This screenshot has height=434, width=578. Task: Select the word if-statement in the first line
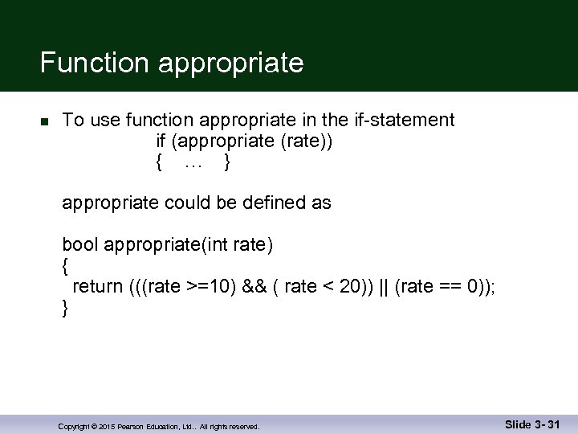404,121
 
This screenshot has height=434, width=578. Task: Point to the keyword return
97,287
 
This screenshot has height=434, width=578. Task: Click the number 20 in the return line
350,287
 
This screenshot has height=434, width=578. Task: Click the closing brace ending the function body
66,308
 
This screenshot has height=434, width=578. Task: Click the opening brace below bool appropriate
66,266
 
